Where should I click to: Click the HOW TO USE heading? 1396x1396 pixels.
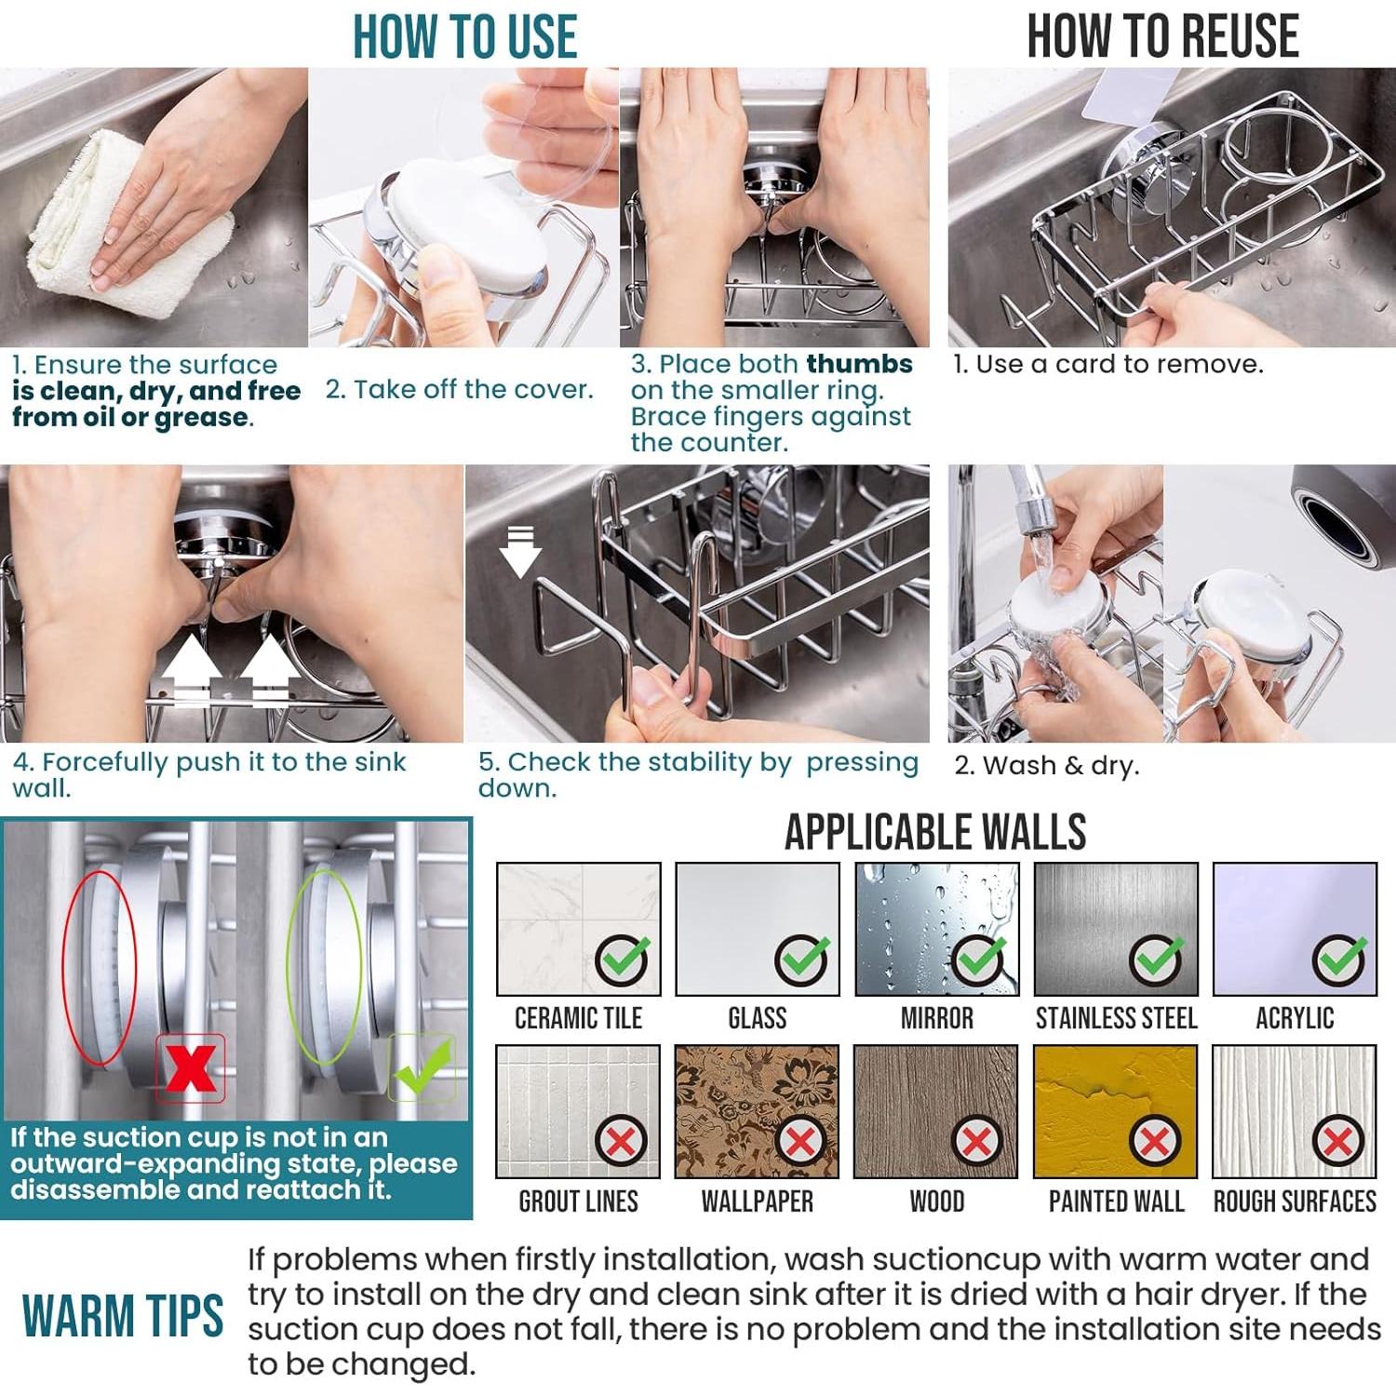point(464,37)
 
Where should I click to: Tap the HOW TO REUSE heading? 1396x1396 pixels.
point(1162,37)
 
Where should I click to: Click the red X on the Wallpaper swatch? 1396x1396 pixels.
point(799,1140)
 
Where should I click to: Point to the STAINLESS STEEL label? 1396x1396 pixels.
point(1116,1018)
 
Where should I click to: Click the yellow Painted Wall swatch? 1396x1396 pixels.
point(1115,1111)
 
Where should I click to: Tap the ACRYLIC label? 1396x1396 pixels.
point(1295,1018)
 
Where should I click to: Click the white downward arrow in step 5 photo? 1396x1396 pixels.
point(520,552)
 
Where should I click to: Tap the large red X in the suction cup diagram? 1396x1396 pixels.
point(191,1068)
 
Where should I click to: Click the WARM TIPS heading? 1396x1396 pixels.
point(123,1315)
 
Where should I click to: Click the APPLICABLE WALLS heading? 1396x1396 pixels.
point(935,832)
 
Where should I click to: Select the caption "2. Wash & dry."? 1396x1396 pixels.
point(1046,766)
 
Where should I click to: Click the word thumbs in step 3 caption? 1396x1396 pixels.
point(860,364)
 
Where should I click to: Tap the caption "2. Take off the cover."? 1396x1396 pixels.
point(459,389)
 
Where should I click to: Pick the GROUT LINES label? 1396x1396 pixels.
point(578,1201)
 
